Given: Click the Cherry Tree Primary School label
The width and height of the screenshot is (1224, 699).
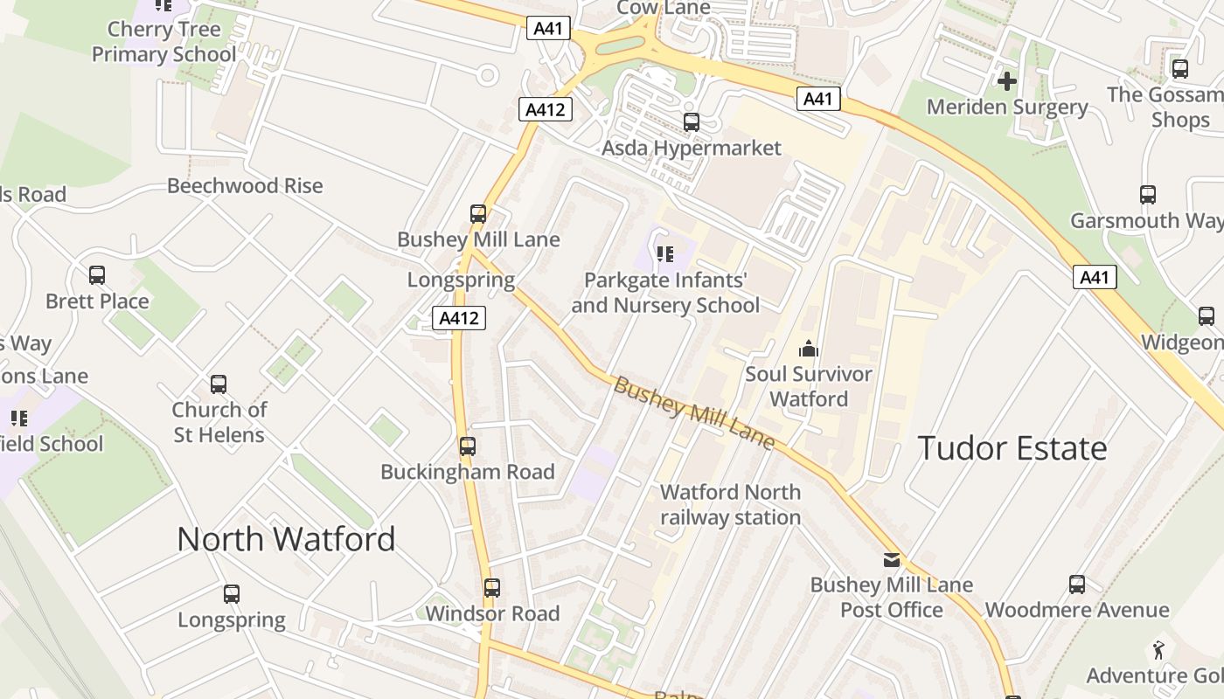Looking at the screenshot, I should (x=163, y=41).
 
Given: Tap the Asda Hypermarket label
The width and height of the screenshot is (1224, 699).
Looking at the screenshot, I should (x=691, y=148).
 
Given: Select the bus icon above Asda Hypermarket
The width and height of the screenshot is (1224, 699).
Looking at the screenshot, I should (x=692, y=122).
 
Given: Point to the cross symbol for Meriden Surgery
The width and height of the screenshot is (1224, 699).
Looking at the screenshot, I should (x=1006, y=81).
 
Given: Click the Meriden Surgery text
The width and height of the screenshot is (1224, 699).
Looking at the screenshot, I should (x=1006, y=107).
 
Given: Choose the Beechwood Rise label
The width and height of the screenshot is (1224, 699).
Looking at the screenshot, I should (x=245, y=186).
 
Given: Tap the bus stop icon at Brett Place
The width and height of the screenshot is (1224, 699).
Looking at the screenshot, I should (x=97, y=275).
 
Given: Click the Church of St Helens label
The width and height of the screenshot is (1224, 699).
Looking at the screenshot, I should (x=219, y=421).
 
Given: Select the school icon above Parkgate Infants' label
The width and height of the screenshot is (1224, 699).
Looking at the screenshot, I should (x=665, y=254).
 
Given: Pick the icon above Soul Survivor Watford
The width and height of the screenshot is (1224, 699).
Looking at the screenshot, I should (x=809, y=349).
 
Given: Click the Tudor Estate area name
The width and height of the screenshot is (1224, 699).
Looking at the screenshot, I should (x=1012, y=448).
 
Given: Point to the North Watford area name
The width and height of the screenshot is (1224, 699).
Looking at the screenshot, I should (x=286, y=539).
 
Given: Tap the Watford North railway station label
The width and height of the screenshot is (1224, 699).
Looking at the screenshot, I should (x=730, y=504).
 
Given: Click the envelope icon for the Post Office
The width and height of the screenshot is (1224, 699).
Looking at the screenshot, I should (x=891, y=559).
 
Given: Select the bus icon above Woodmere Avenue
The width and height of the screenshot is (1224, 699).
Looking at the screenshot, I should (x=1077, y=585).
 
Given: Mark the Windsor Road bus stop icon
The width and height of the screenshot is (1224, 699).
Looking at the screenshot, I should (x=492, y=588).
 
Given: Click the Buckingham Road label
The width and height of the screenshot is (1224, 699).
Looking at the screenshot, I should (x=468, y=472).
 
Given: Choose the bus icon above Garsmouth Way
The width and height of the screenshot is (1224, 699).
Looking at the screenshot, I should (x=1148, y=195).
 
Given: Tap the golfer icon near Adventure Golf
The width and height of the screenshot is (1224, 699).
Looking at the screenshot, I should (x=1158, y=650).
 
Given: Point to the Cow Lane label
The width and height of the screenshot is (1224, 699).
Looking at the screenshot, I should (x=664, y=8).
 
